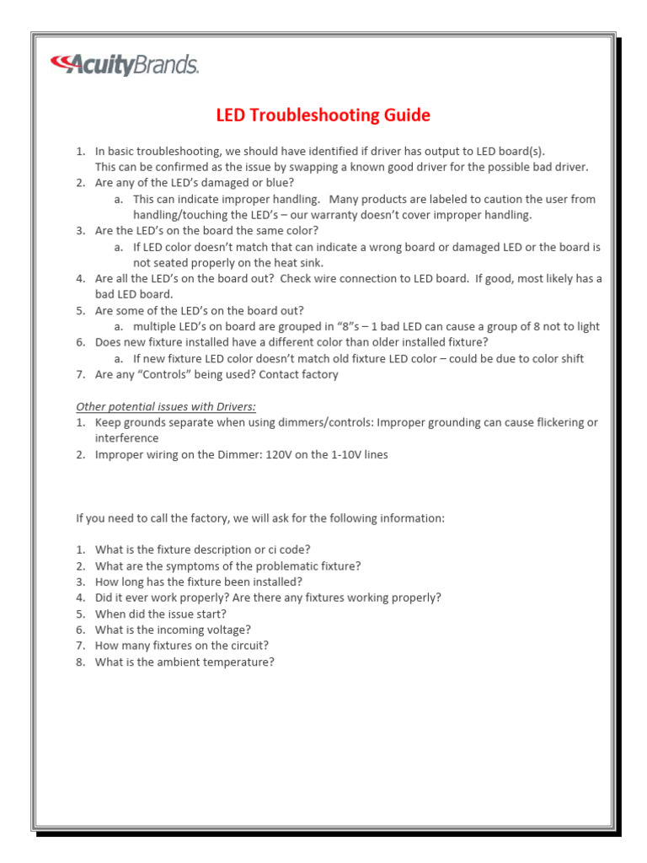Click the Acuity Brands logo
coord(125,65)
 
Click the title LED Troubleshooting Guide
coord(323,115)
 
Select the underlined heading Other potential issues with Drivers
coord(166,406)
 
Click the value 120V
coord(279,454)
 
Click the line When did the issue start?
coord(161,614)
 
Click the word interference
coord(126,438)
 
